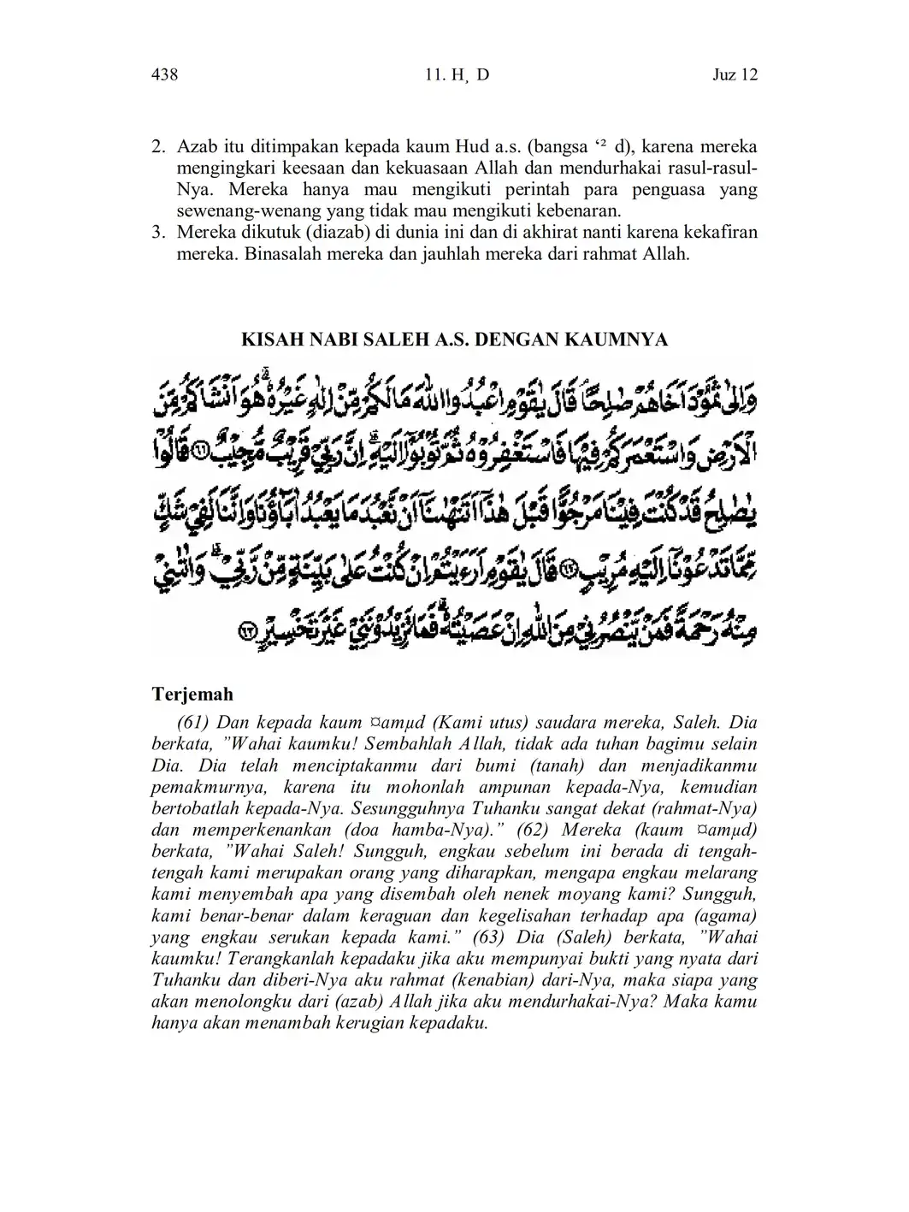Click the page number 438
click(164, 74)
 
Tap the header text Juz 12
click(735, 74)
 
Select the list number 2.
click(157, 146)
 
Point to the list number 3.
click(157, 233)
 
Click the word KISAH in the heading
click(271, 340)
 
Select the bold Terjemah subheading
click(192, 694)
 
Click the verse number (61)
click(194, 722)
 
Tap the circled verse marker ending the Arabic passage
click(248, 632)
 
